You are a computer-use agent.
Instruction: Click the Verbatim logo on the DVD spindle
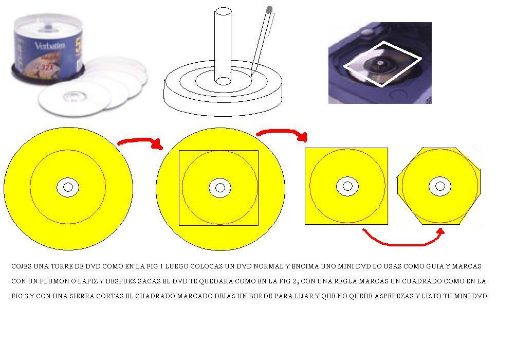click(50, 45)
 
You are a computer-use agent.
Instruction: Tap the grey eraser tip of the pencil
click(269, 10)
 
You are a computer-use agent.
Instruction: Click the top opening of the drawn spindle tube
click(223, 11)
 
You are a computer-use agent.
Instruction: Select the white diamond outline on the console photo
click(382, 64)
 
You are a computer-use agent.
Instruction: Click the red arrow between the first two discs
click(140, 141)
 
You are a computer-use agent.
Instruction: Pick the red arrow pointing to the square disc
click(283, 132)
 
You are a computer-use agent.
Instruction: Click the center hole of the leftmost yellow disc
click(68, 187)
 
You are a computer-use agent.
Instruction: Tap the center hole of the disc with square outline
click(220, 188)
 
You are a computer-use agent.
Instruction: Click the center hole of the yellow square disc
click(347, 186)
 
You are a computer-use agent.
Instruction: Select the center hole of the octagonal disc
click(440, 186)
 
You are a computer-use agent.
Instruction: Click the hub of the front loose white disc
click(75, 96)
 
